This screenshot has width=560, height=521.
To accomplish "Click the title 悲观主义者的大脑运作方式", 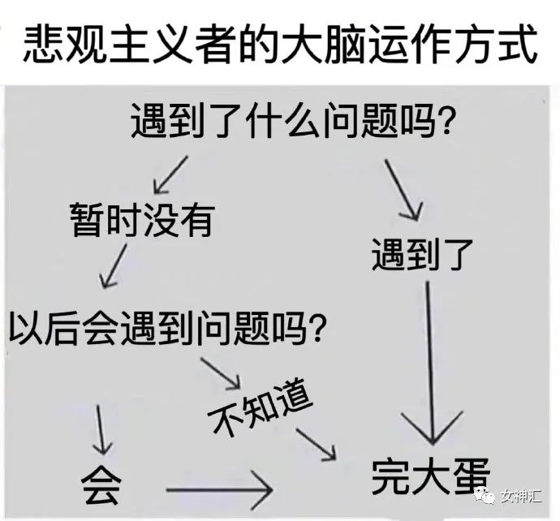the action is (x=280, y=44).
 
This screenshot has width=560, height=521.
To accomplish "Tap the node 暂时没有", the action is (x=142, y=220).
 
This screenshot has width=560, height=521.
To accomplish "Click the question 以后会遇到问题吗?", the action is (x=167, y=328).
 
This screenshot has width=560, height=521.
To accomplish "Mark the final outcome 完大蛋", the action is (x=430, y=476).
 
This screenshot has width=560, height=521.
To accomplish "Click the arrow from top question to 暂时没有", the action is (x=170, y=174).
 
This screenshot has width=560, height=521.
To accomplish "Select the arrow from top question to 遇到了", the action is (x=403, y=189).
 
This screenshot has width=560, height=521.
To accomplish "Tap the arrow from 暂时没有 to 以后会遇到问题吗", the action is (x=113, y=265).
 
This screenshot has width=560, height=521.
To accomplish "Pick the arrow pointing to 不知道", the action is (x=220, y=373).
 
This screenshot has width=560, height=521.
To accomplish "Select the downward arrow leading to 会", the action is (x=101, y=429).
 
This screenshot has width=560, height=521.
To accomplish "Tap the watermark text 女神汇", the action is (x=521, y=496).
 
